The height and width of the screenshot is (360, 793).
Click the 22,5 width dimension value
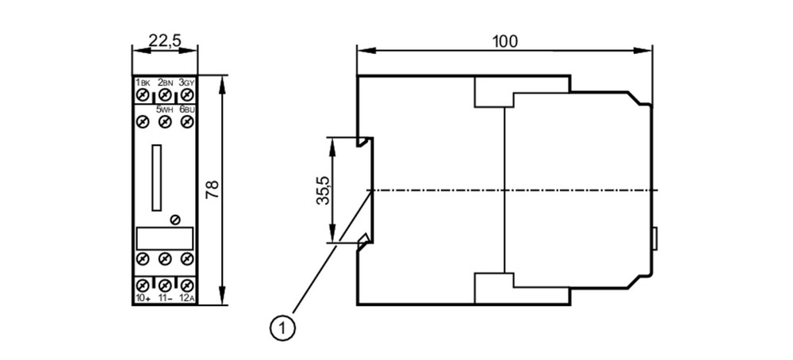165,41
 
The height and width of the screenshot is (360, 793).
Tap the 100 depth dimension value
505,41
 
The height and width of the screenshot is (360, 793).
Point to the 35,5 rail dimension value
324,190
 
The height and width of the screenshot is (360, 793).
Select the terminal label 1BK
143,82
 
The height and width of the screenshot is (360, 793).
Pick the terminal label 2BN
166,82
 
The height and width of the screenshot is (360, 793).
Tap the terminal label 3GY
187,82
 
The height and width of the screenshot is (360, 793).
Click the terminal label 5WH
163,109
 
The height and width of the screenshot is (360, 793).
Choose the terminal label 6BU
187,109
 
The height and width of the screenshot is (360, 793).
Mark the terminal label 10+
143,298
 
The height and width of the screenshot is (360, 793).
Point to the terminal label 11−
166,298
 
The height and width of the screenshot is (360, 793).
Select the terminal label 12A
187,298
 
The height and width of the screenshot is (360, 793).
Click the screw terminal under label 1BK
143,94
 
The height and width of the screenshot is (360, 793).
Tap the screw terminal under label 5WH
165,121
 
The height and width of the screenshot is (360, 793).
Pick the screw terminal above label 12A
187,285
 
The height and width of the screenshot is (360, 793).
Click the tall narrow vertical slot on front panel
157,178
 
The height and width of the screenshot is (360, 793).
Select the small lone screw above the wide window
175,220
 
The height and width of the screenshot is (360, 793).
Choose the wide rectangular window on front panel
165,238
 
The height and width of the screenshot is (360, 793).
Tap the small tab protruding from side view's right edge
655,239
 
